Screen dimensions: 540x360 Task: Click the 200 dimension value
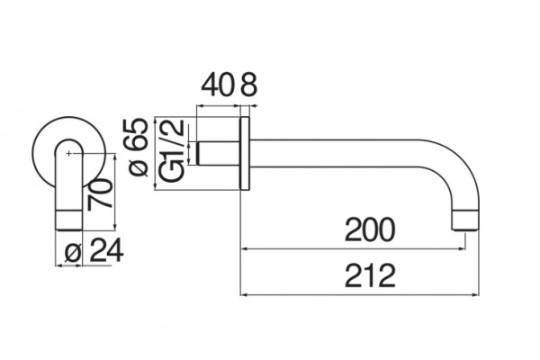click(370, 229)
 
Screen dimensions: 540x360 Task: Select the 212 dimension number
click(370, 275)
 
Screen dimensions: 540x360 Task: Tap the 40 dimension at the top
click(216, 85)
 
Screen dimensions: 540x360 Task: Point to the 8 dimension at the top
click(248, 85)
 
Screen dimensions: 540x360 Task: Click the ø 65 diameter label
click(138, 148)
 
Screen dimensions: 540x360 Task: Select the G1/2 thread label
click(173, 151)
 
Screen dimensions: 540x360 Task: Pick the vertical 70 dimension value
click(100, 194)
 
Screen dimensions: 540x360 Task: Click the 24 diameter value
click(106, 251)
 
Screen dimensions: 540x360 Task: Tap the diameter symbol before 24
click(73, 253)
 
